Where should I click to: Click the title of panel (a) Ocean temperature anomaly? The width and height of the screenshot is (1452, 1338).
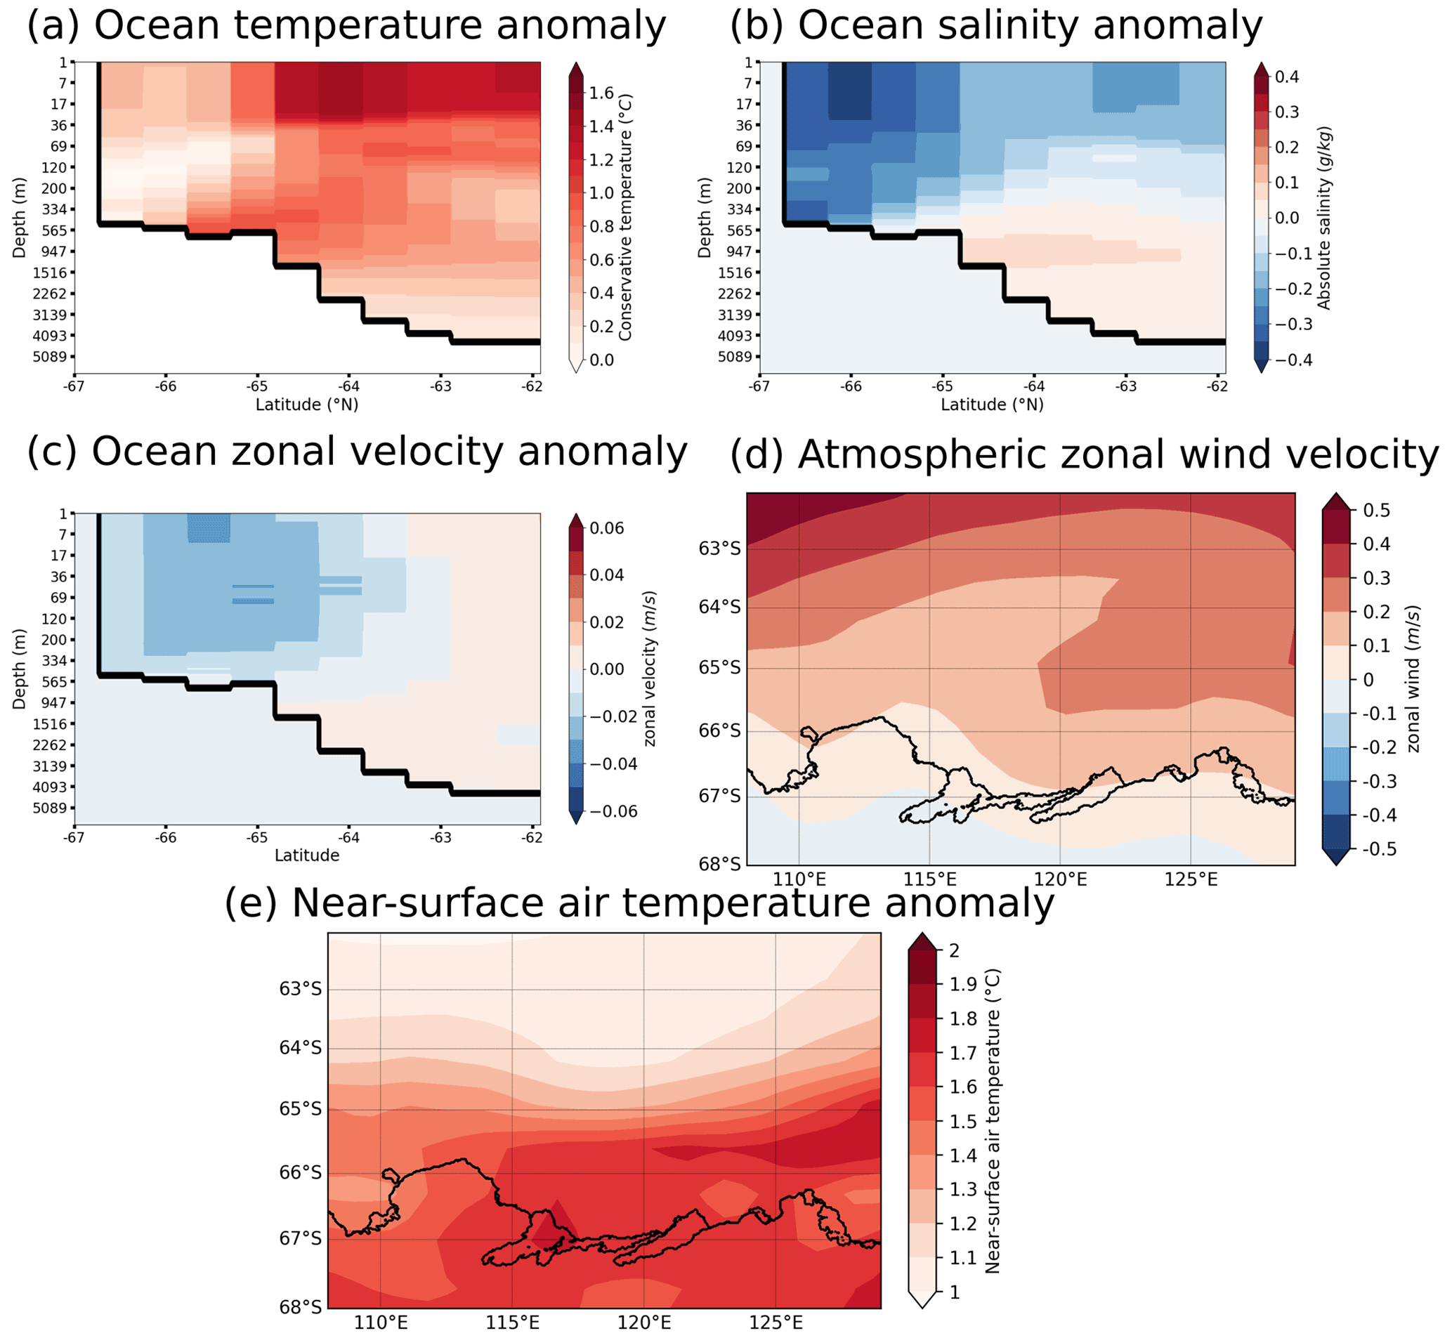click(x=346, y=26)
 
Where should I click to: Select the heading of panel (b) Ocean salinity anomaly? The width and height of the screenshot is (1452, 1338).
click(x=996, y=26)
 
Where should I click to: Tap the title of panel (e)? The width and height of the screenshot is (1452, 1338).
click(x=639, y=903)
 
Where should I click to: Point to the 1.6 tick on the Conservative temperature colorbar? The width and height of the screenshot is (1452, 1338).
click(x=601, y=93)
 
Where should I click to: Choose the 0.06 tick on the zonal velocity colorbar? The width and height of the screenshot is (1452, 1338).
click(x=606, y=527)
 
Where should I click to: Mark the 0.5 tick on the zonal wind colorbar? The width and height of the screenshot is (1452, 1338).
click(x=1376, y=511)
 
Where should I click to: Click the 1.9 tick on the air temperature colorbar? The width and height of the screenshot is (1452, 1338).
click(x=963, y=984)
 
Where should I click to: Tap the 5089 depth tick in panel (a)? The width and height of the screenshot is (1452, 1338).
click(x=49, y=357)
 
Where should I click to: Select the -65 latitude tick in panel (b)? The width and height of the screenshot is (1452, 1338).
click(x=942, y=386)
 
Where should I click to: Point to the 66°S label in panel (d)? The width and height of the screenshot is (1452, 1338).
click(x=719, y=731)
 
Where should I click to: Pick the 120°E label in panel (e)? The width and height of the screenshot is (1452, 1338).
click(x=643, y=1323)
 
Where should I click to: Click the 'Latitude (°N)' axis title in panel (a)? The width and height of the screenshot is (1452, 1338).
click(x=307, y=405)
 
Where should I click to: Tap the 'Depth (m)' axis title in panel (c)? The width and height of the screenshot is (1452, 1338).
click(x=19, y=668)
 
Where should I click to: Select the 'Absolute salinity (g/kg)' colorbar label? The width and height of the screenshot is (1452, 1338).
click(x=1324, y=218)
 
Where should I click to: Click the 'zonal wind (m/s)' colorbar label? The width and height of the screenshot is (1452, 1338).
click(x=1413, y=679)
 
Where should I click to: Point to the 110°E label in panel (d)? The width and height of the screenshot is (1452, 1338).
click(x=799, y=879)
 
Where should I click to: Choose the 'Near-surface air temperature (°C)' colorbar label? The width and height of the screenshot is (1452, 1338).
click(x=992, y=1121)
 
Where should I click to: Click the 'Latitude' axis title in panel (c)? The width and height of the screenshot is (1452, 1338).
click(x=307, y=855)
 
